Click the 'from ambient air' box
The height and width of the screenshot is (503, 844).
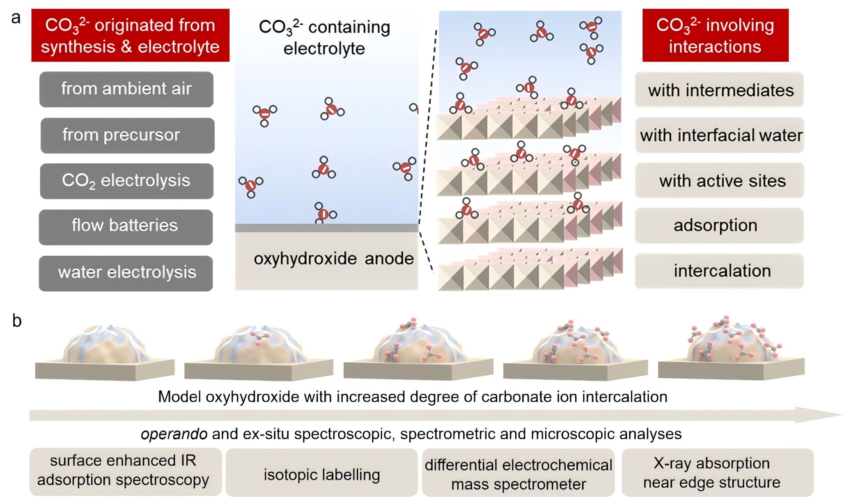(x=126, y=89)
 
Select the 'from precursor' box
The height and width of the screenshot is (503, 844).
(x=127, y=136)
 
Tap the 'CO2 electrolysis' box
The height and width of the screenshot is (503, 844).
(x=126, y=181)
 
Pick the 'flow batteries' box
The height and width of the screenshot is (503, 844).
(x=126, y=227)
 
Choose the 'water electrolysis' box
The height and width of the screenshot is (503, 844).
(x=126, y=273)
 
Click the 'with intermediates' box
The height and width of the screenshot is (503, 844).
(x=719, y=90)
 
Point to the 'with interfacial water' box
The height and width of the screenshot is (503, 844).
(x=719, y=135)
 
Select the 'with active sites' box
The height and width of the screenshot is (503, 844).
(x=719, y=181)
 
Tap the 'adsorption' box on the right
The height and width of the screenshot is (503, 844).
(x=719, y=225)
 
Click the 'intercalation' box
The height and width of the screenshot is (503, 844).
(x=719, y=271)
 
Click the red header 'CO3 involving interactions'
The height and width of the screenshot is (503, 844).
(x=715, y=35)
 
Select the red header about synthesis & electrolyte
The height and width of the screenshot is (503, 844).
(x=130, y=35)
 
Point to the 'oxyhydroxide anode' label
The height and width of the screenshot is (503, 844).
(x=333, y=259)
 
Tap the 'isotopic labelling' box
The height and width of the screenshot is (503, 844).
(x=321, y=474)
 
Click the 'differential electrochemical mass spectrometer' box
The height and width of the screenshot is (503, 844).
(x=518, y=474)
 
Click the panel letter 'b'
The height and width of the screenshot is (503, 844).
(x=17, y=321)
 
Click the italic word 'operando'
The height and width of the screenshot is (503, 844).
(x=174, y=434)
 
